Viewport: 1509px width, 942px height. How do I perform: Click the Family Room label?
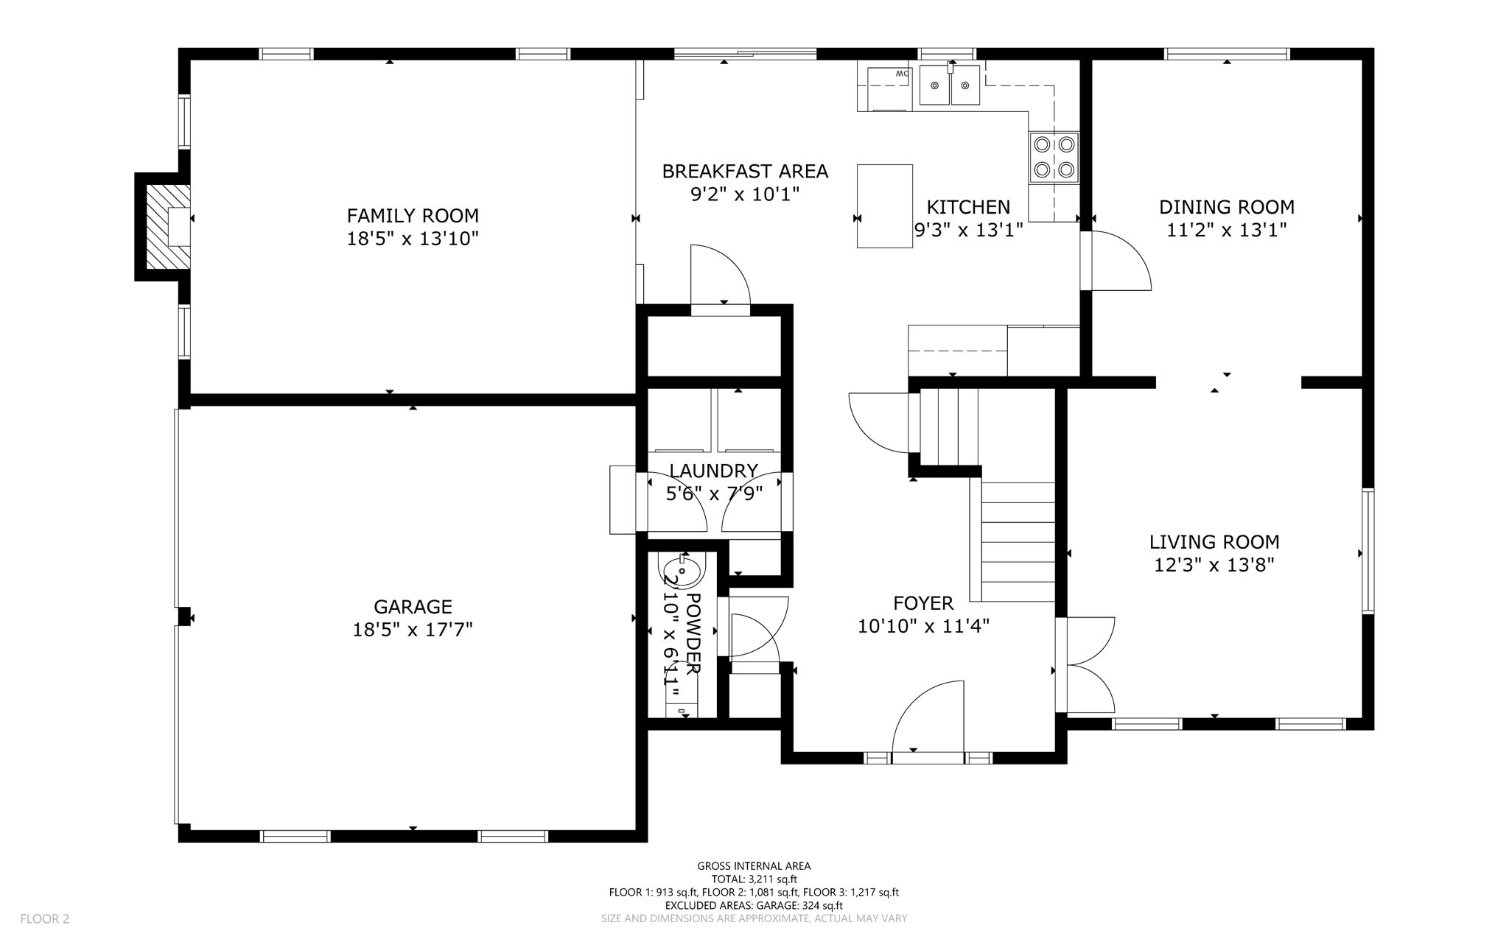413,216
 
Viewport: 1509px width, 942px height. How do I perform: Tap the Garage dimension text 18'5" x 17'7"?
413,630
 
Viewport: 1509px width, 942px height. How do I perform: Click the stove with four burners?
1054,157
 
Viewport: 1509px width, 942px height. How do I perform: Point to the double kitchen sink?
950,85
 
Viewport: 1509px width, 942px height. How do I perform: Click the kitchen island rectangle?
885,206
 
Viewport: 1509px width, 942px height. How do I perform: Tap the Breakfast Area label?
745,172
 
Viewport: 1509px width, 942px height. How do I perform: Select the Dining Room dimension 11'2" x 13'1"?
1227,231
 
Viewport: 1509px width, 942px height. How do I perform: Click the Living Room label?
1214,542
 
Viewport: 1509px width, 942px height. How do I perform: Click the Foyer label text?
923,603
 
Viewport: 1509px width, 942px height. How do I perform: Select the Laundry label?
713,471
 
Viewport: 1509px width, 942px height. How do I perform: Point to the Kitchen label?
968,207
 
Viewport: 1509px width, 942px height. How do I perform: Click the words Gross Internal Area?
754,866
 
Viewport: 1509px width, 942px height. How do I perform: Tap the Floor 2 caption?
44,919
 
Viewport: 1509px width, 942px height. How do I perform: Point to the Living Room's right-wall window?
1368,551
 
